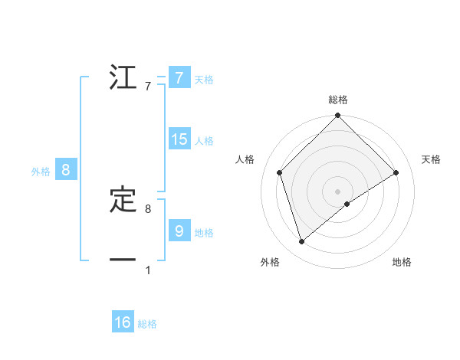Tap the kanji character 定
123,200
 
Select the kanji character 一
123,260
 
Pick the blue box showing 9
179,231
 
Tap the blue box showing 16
123,322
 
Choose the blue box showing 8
66,170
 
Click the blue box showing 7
179,77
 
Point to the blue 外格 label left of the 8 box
41,172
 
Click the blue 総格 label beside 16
147,324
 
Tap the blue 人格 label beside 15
204,140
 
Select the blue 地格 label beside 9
204,232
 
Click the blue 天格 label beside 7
204,79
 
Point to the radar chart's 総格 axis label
338,100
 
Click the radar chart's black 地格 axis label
402,262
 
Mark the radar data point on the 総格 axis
338,116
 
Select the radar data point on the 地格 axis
347,204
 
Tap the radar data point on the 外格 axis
301,242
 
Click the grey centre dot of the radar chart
338,191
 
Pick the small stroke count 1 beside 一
147,270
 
